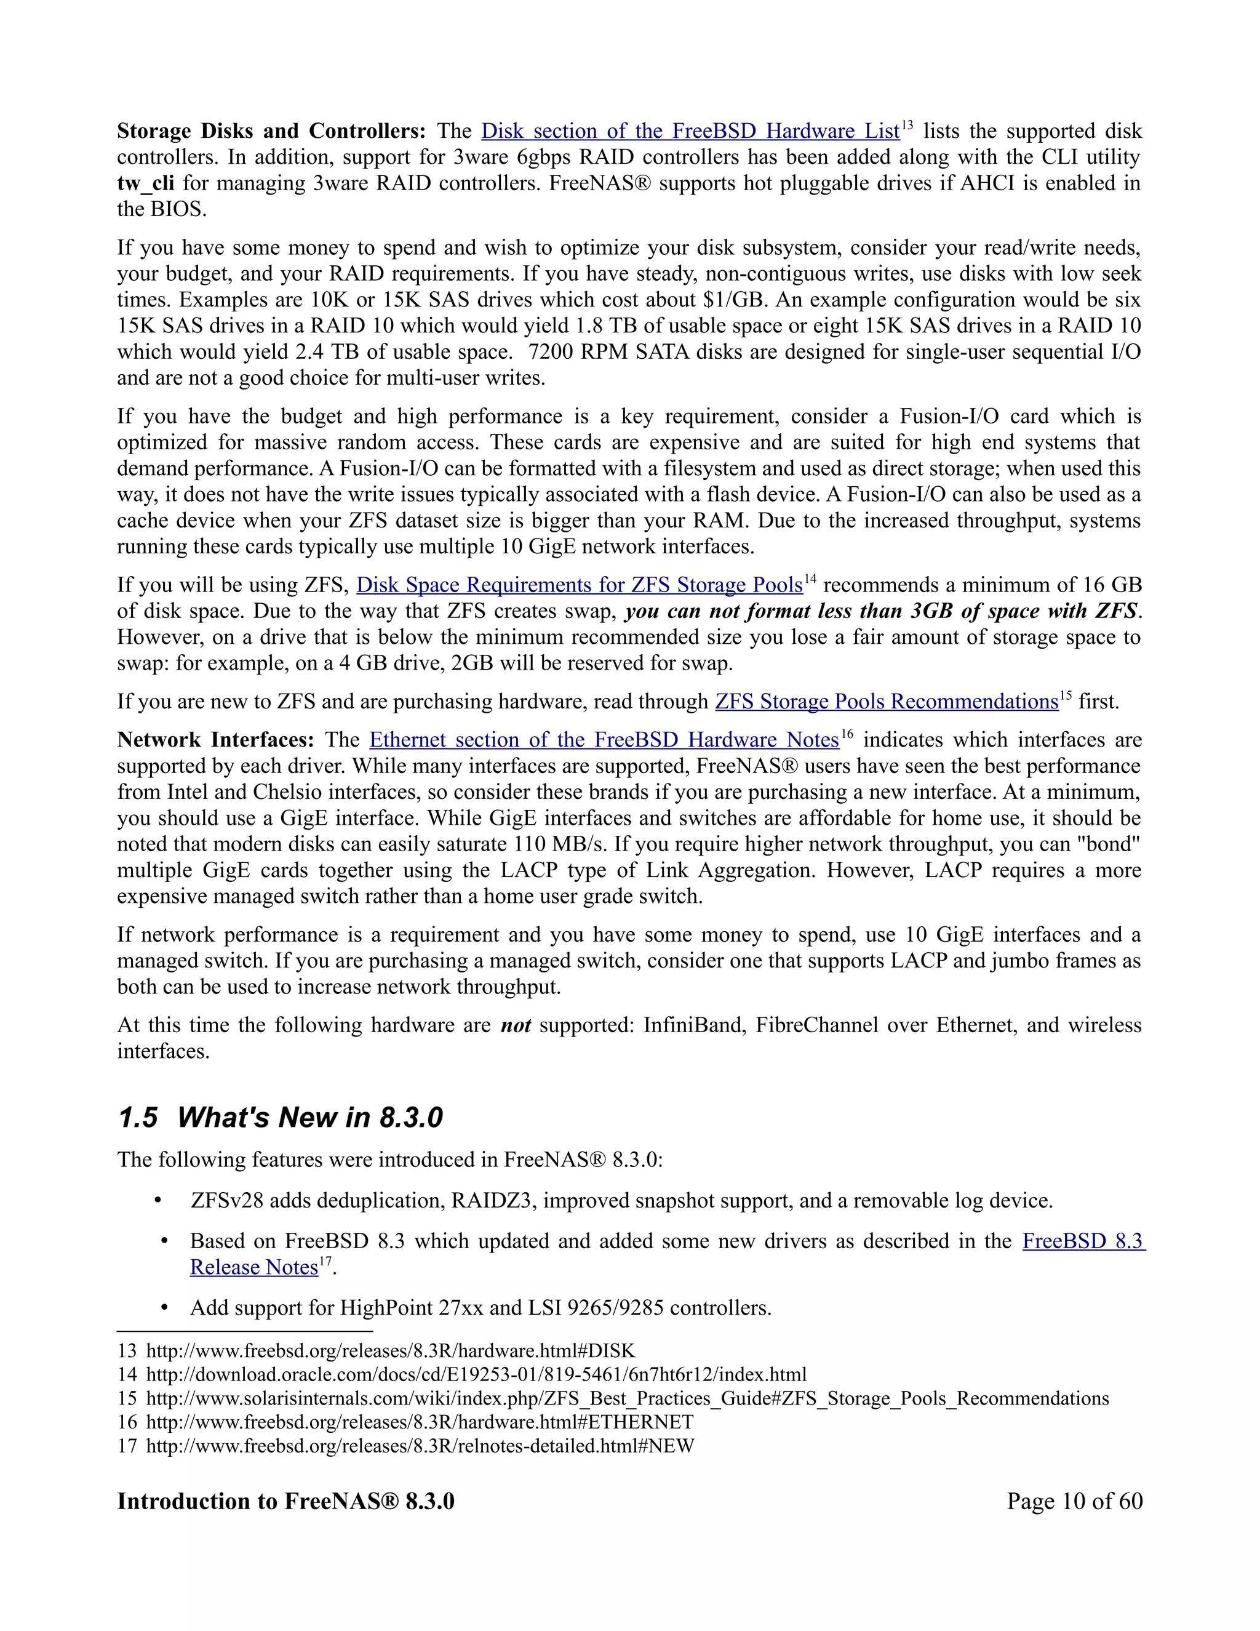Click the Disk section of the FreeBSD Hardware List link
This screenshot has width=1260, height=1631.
pos(690,132)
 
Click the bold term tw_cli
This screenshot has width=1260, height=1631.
pos(146,183)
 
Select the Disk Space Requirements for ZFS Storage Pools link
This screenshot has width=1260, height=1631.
pos(579,585)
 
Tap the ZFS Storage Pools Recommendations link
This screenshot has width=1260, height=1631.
pos(886,702)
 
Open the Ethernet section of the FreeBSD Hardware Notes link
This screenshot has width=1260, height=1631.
pos(604,740)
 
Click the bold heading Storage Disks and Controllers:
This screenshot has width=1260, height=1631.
pos(271,132)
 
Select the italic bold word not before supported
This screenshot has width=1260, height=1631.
pos(516,1025)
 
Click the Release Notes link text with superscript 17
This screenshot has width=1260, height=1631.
pos(254,1267)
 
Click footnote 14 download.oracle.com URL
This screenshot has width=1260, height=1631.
pos(476,1375)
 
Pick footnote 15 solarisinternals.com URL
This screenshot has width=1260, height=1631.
pos(627,1399)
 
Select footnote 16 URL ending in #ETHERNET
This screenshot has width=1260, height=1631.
pos(420,1422)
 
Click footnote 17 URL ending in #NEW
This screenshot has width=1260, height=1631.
pos(420,1446)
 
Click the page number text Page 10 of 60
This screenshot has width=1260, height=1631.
pos(1074,1502)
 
